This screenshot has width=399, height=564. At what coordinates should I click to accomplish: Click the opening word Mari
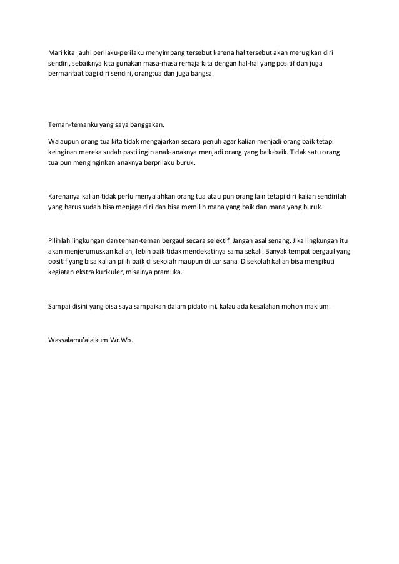pyautogui.click(x=55, y=52)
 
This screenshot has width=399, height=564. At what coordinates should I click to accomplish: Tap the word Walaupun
pyautogui.click(x=65, y=141)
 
